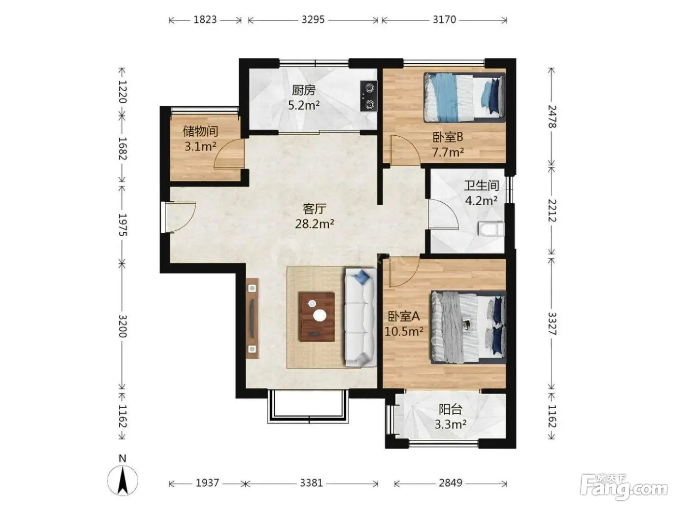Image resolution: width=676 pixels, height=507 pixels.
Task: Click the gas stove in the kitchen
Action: [368, 96]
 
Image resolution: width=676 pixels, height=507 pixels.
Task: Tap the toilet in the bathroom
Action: [491, 229]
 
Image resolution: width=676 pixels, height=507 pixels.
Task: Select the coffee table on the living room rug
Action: [316, 316]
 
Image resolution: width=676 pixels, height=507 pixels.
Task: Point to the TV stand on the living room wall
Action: [252, 318]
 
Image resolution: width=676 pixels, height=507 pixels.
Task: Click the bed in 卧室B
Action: [465, 97]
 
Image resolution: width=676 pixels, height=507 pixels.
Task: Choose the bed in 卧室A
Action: [468, 327]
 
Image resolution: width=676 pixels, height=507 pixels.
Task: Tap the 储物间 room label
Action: [200, 131]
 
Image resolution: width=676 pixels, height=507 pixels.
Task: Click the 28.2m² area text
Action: [314, 224]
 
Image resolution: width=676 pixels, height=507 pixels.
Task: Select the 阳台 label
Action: [450, 409]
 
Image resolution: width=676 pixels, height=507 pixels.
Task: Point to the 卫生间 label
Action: [481, 185]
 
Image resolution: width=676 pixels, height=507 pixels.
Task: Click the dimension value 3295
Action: [313, 20]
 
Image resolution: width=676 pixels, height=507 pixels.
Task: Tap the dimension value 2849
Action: [450, 483]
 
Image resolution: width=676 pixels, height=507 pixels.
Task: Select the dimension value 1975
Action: [123, 225]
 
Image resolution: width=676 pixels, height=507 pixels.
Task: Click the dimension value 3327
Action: [552, 324]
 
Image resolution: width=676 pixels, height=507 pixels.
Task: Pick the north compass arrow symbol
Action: [123, 480]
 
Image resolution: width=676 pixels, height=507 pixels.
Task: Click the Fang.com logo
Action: [623, 487]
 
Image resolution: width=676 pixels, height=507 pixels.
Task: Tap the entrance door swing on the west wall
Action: [178, 217]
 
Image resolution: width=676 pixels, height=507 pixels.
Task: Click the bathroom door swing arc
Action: [443, 214]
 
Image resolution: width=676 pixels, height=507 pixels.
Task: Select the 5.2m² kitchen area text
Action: [304, 105]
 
